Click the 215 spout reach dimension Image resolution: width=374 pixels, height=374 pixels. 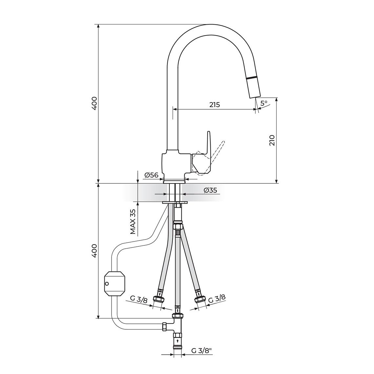(215, 104)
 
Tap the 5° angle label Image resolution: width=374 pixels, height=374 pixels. (264, 103)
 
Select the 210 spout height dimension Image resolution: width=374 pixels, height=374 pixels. (272, 140)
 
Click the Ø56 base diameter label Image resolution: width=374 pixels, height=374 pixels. (151, 175)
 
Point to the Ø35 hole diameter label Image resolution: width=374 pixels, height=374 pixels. (210, 190)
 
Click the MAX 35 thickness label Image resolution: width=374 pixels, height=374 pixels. (133, 221)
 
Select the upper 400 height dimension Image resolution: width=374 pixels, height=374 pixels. (94, 103)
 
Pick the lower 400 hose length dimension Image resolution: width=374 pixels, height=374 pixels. (94, 251)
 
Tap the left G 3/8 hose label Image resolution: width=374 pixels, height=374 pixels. (139, 299)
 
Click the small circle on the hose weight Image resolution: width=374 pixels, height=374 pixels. (107, 284)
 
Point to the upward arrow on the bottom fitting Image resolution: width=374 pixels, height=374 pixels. (178, 341)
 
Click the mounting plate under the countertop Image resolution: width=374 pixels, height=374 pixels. (175, 203)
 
